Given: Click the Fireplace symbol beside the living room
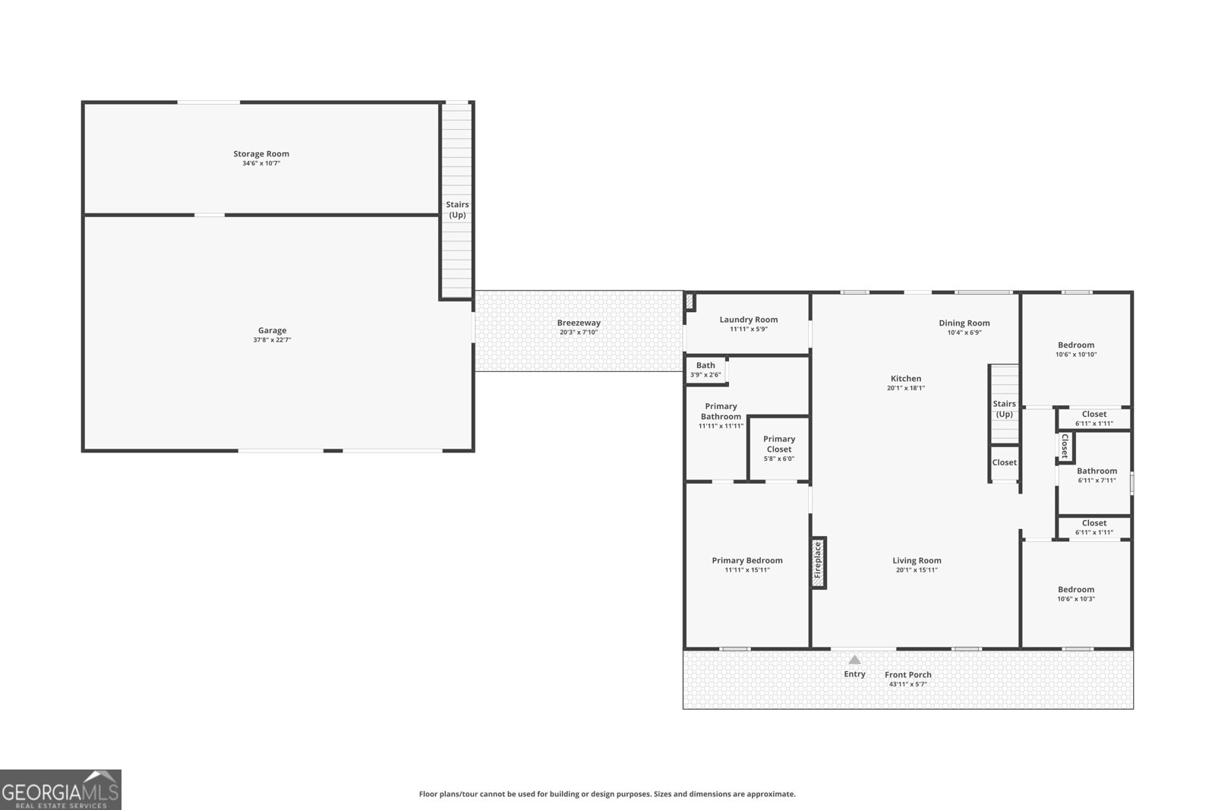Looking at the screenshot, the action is (x=818, y=563).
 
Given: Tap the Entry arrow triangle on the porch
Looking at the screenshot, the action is (x=854, y=660).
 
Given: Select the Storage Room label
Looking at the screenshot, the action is (x=261, y=154).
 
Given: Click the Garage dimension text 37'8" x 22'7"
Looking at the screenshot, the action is (x=273, y=340).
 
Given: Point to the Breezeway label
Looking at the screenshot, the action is (x=579, y=323).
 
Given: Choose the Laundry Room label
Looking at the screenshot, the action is (x=749, y=320).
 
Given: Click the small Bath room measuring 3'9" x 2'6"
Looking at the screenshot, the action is (x=705, y=370).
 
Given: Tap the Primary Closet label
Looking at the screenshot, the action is (x=779, y=444).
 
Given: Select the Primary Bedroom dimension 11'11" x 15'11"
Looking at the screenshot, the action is (x=747, y=570).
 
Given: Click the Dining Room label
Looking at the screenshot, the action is (x=964, y=323).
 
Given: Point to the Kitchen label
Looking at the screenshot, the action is (x=906, y=379).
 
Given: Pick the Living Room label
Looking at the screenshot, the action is (x=917, y=560).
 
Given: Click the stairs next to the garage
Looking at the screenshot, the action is (x=456, y=200).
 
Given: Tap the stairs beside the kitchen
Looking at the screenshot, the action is (x=1005, y=404).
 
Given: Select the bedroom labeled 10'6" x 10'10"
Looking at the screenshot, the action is (x=1076, y=350).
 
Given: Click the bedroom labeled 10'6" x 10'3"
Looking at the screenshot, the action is (x=1076, y=594).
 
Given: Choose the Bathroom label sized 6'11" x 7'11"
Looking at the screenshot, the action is (x=1097, y=471).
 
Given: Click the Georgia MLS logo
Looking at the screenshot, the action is (x=60, y=790).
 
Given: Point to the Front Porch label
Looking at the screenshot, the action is (x=908, y=674).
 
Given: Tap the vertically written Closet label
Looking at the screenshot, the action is (x=1065, y=446).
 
